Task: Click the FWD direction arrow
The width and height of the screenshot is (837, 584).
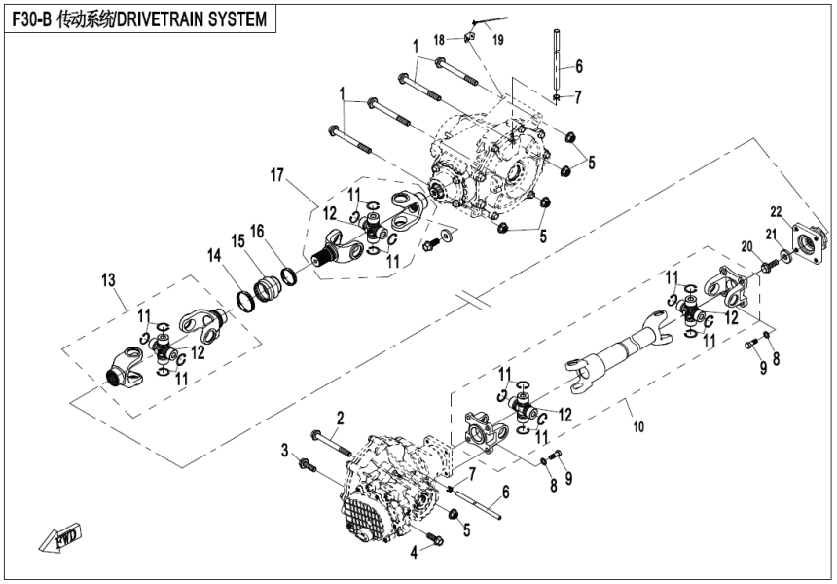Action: (60, 536)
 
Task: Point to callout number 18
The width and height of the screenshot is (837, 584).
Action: (439, 40)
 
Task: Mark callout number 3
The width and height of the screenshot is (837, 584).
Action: (285, 450)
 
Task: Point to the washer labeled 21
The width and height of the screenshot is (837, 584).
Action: (784, 257)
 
